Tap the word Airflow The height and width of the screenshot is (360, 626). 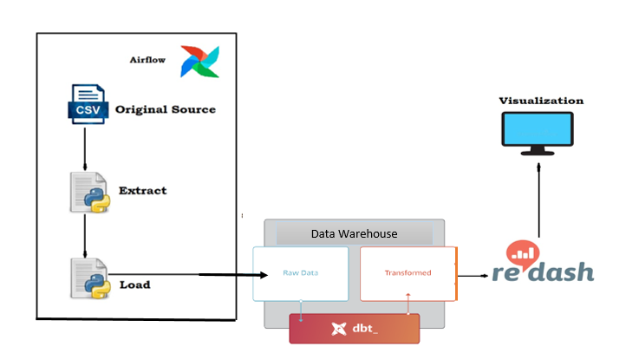[x=148, y=61]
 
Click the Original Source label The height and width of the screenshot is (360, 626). [x=166, y=109]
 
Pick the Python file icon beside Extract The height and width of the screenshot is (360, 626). [x=88, y=193]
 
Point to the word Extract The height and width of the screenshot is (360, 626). [x=142, y=190]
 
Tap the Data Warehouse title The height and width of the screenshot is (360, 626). [x=354, y=234]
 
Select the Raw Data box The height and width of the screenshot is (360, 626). [x=300, y=273]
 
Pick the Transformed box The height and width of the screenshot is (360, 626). [x=408, y=273]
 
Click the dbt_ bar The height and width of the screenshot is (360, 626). [x=354, y=329]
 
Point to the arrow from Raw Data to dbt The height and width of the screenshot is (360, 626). [x=300, y=310]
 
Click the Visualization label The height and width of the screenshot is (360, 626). [x=541, y=101]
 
